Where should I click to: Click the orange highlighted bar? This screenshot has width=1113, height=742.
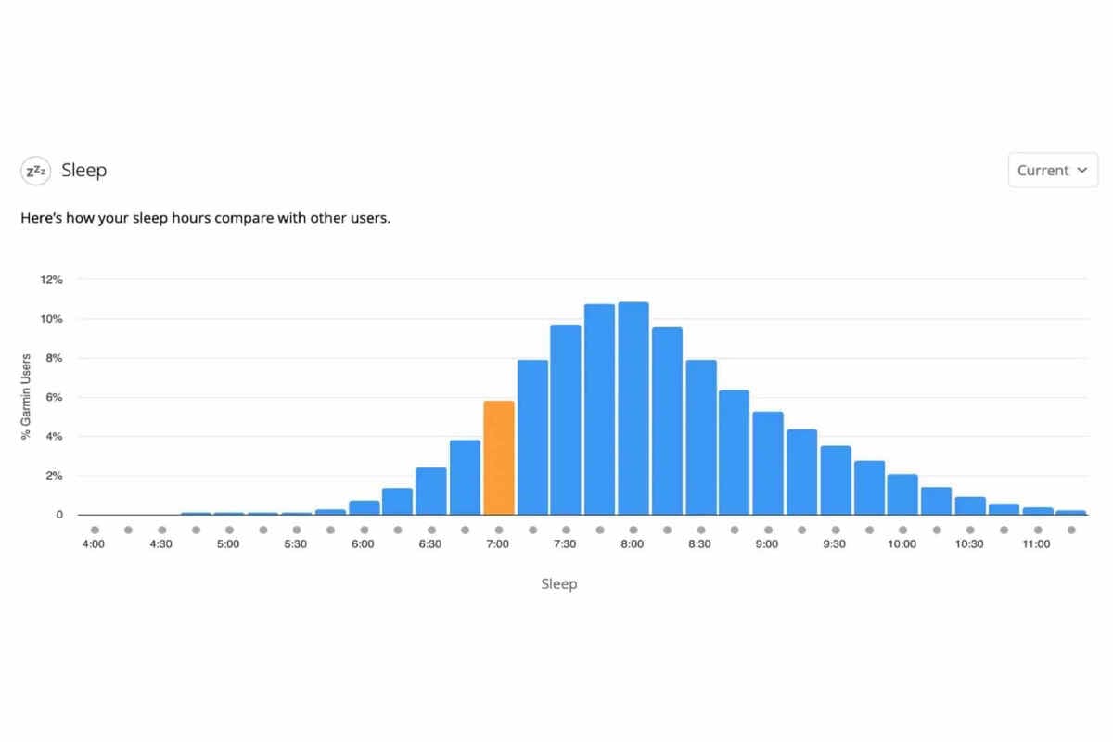[x=498, y=457]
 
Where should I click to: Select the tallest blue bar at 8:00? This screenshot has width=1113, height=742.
[x=633, y=408]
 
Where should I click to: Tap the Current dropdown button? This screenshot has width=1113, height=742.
[x=1053, y=171]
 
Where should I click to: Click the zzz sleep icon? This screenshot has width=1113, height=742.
[x=36, y=171]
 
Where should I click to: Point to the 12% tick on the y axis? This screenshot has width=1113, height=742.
[x=51, y=279]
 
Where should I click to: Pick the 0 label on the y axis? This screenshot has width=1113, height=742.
[x=59, y=515]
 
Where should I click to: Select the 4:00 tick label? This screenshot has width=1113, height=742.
[x=94, y=544]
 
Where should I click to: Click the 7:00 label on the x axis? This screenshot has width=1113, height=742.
[x=498, y=544]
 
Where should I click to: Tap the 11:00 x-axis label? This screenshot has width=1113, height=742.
[x=1036, y=544]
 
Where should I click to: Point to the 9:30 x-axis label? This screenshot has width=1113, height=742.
[x=835, y=544]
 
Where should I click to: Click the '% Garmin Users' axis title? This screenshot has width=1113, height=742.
[x=26, y=397]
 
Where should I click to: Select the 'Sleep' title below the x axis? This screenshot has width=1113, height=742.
[x=558, y=584]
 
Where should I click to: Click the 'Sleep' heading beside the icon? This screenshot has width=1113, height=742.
[x=84, y=171]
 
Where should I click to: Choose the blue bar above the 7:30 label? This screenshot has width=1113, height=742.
[x=565, y=419]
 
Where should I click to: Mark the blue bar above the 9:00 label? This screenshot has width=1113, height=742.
[x=767, y=463]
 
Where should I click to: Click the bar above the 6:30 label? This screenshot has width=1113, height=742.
[x=430, y=491]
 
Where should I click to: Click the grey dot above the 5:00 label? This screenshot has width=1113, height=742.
[x=229, y=531]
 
